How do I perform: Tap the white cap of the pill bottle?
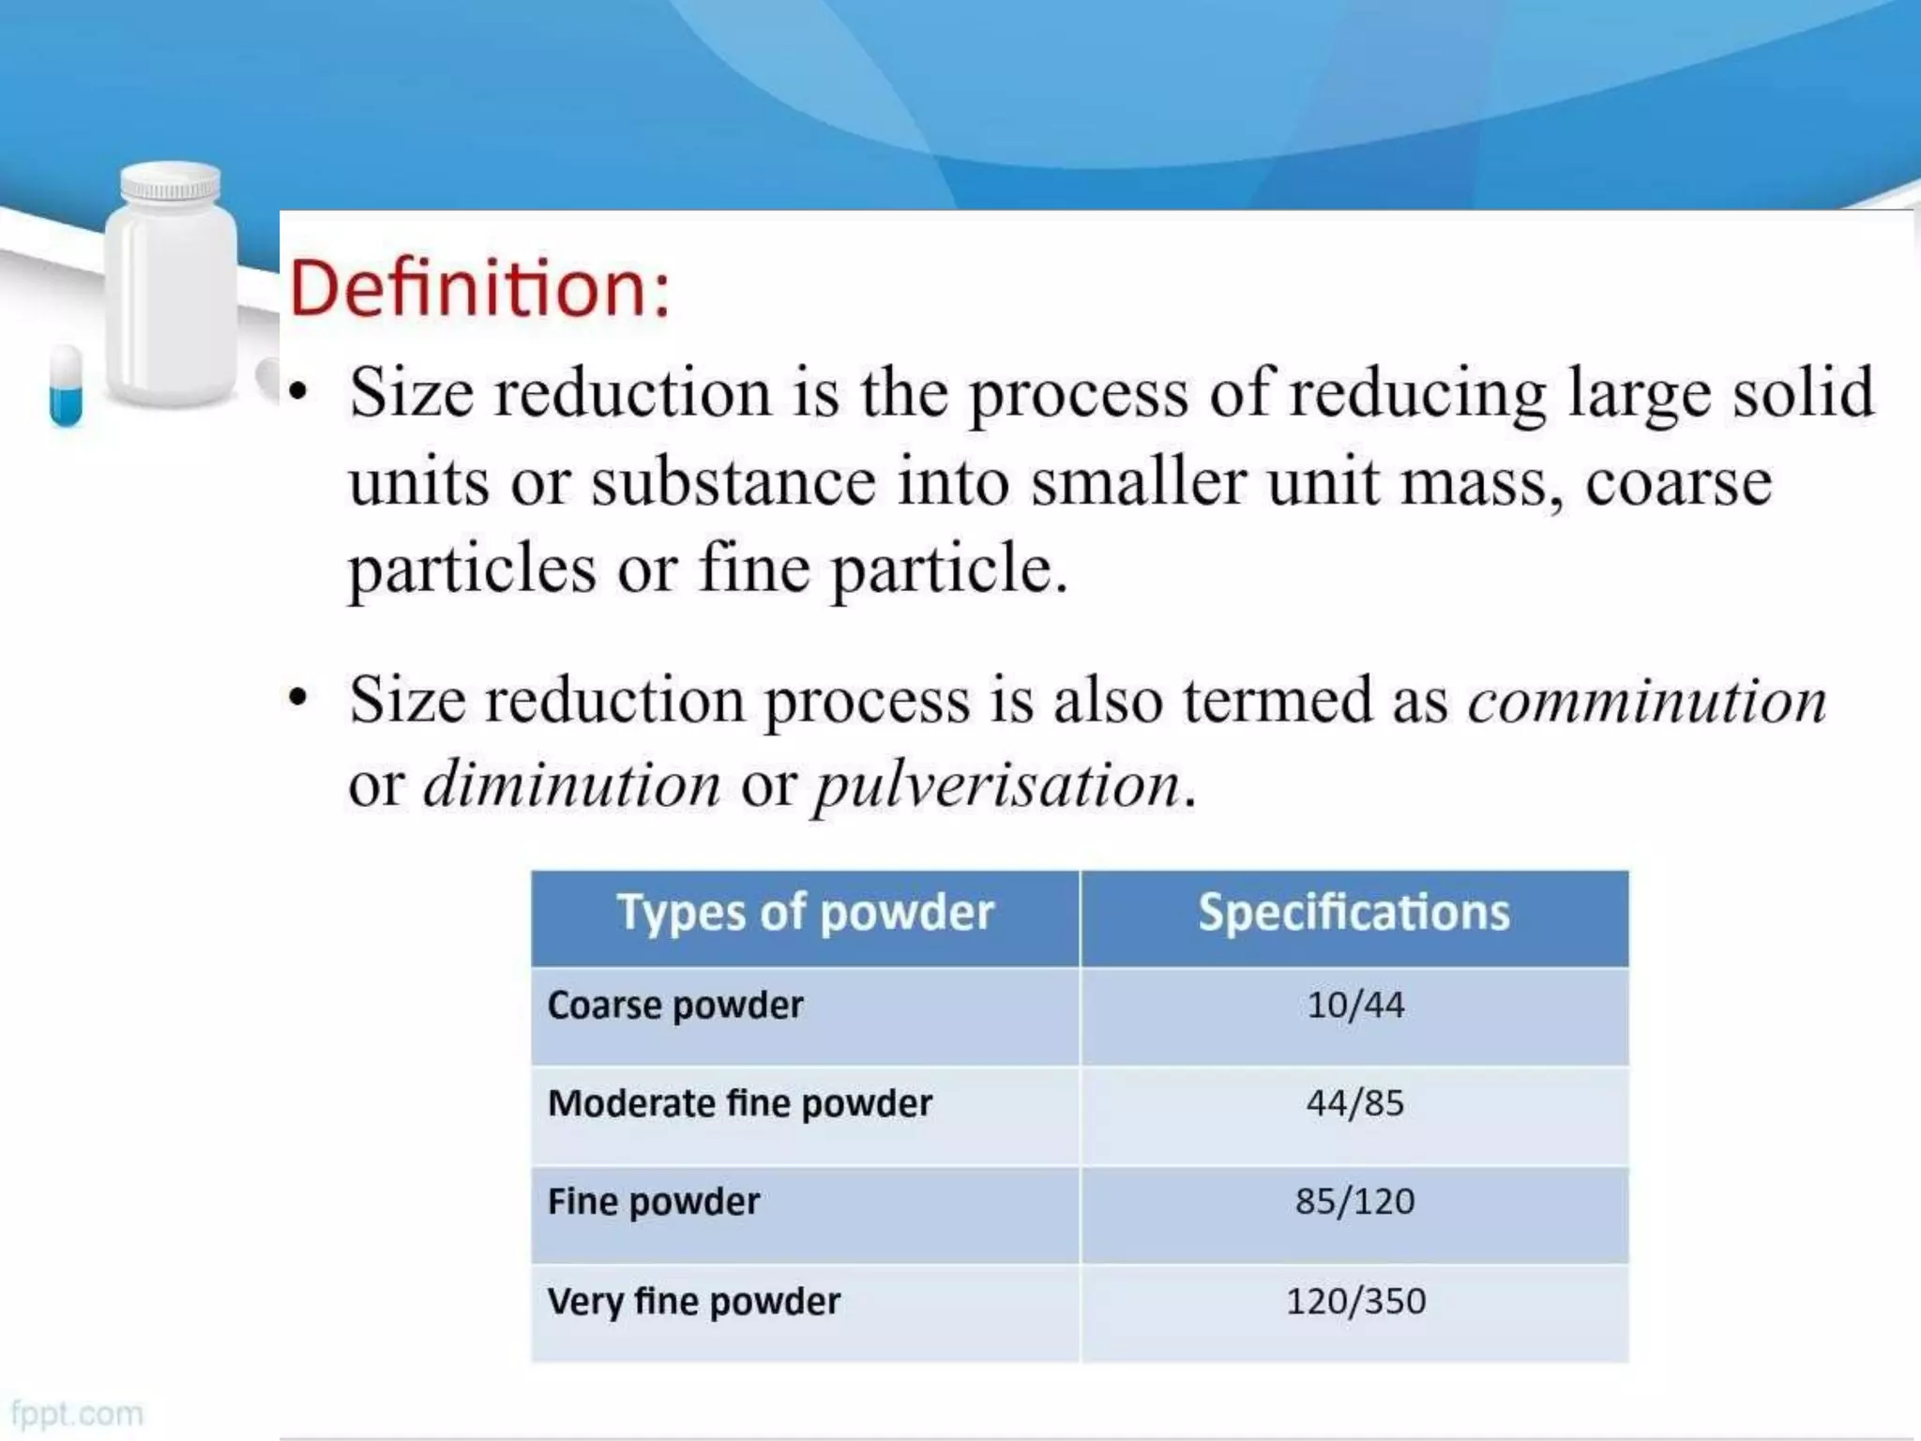171,183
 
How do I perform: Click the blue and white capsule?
66,385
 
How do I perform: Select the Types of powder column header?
805,913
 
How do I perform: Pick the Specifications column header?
1354,913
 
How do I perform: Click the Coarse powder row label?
675,1006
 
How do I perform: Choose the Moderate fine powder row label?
739,1103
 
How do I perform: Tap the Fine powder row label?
654,1202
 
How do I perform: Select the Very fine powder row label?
693,1301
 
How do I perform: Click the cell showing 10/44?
1355,1006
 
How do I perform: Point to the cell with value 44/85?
1355,1103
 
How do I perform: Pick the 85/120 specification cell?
1355,1202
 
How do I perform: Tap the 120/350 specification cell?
1355,1301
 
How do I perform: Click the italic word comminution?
1647,702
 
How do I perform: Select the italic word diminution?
571,785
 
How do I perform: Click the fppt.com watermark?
77,1414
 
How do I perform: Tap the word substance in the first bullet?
734,482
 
